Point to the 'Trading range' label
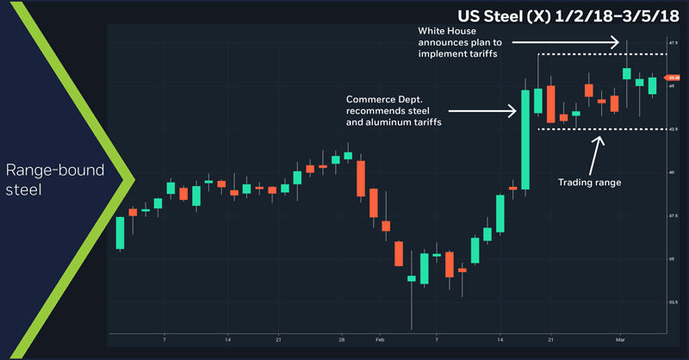590,182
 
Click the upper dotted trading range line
603,54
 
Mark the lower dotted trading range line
603,129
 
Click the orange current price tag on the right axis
674,78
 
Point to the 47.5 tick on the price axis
673,42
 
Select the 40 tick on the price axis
671,172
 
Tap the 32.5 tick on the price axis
673,302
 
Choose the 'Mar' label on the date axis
619,340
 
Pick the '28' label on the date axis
342,340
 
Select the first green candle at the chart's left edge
121,233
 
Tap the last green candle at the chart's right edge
652,85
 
